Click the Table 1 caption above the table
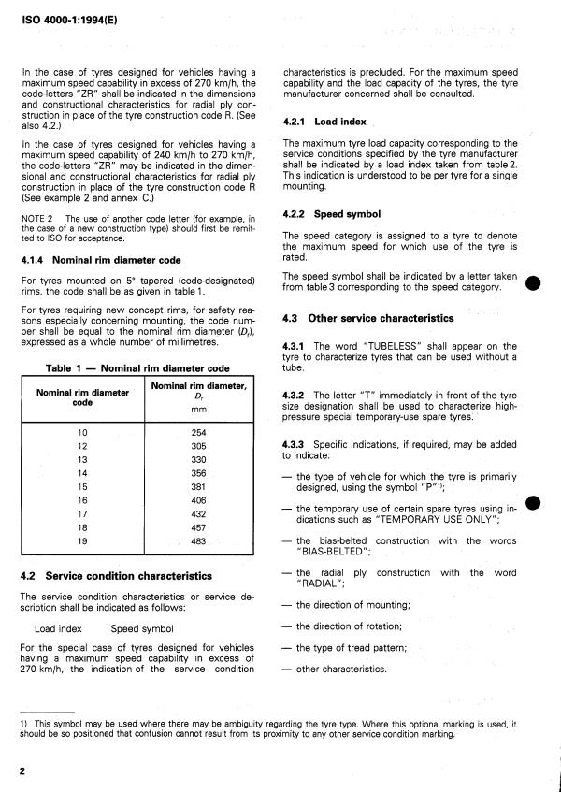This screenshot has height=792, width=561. point(138,367)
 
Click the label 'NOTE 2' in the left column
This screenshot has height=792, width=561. point(35,218)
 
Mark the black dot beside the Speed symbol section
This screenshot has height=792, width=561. point(532,283)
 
